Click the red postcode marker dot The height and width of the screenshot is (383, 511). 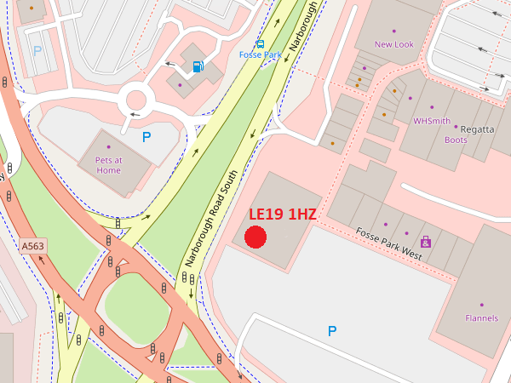(x=255, y=237)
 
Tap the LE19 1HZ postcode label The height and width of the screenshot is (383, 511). (x=283, y=214)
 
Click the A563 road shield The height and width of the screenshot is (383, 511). (x=32, y=246)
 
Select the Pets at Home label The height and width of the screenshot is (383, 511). (x=108, y=165)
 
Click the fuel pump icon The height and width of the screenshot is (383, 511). (x=198, y=66)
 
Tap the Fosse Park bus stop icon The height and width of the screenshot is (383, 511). (x=260, y=43)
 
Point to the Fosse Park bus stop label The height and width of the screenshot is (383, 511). (x=260, y=55)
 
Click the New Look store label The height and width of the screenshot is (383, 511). (x=393, y=44)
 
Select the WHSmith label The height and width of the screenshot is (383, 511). (x=431, y=121)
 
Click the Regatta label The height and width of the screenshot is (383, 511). (x=477, y=129)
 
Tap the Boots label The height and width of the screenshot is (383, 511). (x=456, y=140)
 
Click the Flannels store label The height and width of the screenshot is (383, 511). (x=481, y=318)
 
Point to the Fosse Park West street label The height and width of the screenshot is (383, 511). (x=388, y=244)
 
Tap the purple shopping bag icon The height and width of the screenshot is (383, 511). (x=425, y=242)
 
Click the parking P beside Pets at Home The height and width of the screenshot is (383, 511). (x=146, y=136)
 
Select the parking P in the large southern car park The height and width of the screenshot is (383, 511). (x=332, y=330)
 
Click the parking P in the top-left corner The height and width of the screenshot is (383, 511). (x=37, y=50)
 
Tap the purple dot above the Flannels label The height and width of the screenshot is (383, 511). (x=481, y=305)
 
